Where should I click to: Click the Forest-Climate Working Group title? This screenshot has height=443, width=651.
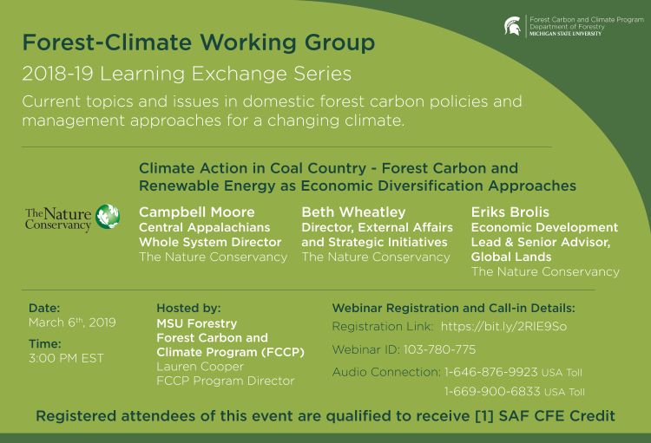click(x=199, y=42)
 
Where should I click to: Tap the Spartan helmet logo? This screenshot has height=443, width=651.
click(x=513, y=26)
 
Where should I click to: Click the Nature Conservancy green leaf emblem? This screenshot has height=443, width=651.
click(x=108, y=217)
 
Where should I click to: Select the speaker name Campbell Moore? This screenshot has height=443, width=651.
click(x=197, y=212)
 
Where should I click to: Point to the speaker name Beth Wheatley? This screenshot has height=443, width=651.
click(x=353, y=212)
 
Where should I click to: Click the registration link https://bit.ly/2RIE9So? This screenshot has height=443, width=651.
click(x=503, y=327)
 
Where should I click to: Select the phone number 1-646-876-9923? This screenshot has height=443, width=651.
click(x=491, y=372)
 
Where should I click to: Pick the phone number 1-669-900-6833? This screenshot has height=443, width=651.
click(x=491, y=392)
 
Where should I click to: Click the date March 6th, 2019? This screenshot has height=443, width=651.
click(x=72, y=323)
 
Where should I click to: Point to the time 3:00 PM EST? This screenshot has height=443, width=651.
click(x=66, y=358)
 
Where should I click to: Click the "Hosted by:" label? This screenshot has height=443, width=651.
click(x=188, y=308)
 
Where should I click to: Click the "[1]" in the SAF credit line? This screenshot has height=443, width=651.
click(x=483, y=416)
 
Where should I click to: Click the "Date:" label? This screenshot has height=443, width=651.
click(x=44, y=308)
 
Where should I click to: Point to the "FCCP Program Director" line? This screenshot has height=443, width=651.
click(x=225, y=381)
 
